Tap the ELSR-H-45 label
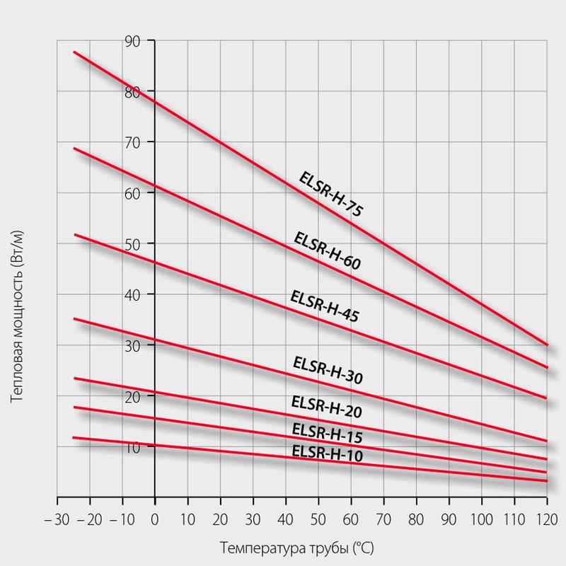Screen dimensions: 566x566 [x=324, y=306]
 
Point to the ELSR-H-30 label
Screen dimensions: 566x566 [x=328, y=371]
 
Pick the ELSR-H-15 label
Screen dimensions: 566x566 [x=327, y=432]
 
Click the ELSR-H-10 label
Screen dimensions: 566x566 [x=327, y=453]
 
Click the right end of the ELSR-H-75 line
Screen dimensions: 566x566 [x=547, y=345]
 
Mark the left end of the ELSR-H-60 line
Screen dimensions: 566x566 [x=74, y=148]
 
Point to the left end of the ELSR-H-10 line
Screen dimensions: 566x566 [x=74, y=437]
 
